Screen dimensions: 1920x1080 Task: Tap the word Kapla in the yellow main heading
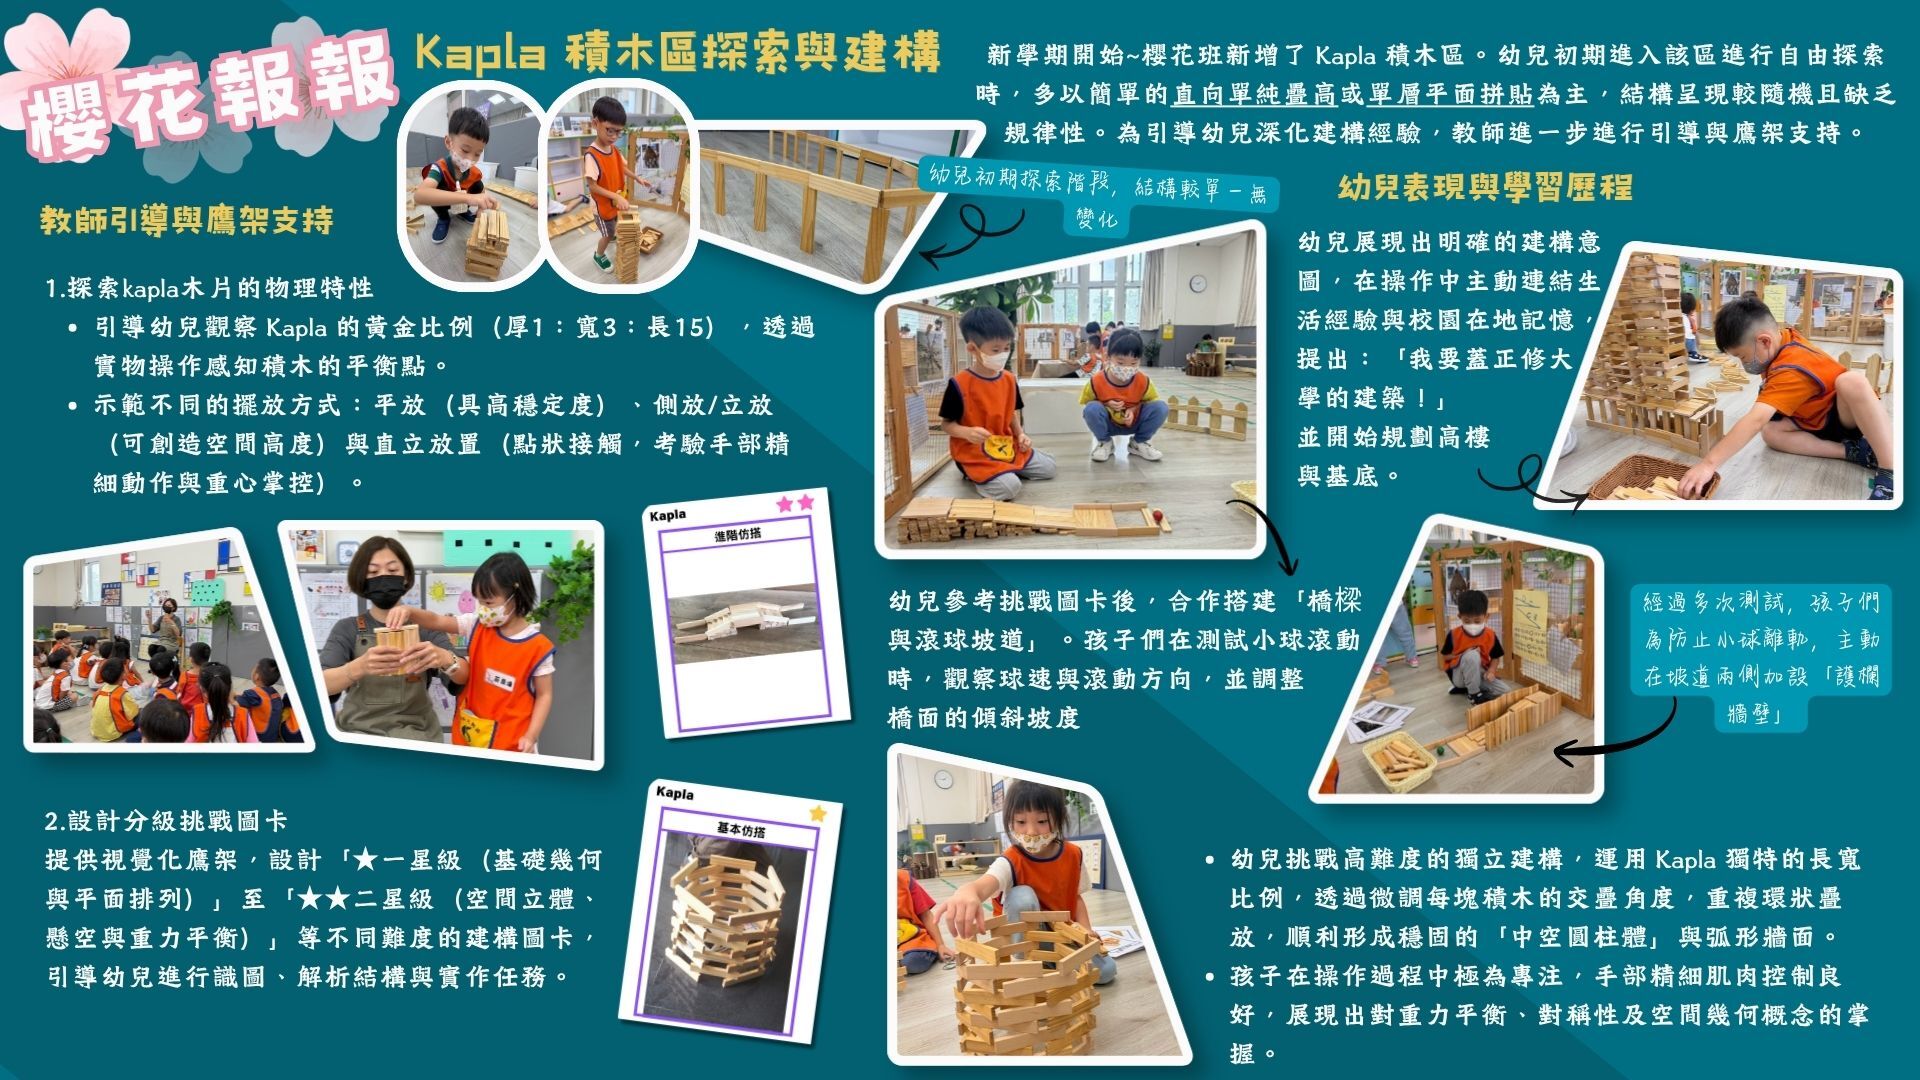point(480,53)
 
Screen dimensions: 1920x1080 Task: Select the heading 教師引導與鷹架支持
point(187,221)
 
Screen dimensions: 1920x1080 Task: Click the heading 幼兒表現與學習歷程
point(1485,187)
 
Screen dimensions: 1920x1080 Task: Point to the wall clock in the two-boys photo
point(1198,284)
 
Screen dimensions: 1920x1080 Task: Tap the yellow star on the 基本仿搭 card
point(818,813)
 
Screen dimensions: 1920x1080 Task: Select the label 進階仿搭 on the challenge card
point(738,535)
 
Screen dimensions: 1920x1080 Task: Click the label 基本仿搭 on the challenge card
point(741,830)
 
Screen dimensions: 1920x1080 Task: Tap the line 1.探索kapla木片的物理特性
point(209,288)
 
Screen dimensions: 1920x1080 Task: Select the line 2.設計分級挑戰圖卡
point(166,822)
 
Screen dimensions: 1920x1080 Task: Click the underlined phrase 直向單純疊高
point(1255,94)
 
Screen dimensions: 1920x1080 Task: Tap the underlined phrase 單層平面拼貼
point(1451,94)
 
